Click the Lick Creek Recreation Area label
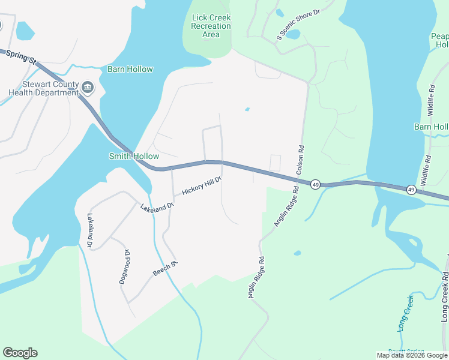(211, 26)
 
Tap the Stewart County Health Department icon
(88, 89)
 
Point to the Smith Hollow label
(134, 156)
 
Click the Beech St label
(166, 268)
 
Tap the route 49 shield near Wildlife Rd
(411, 190)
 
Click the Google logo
(20, 353)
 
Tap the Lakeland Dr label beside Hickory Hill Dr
(157, 206)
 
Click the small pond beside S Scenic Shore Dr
(292, 35)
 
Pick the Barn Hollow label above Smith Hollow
(130, 69)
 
